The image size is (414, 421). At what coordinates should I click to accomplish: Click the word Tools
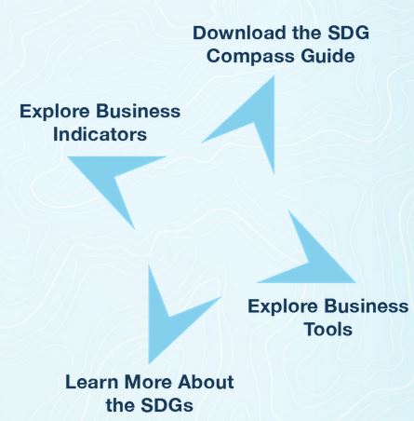coord(328,331)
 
